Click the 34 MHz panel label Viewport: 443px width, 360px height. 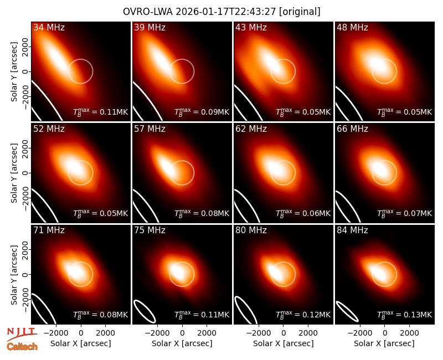(49, 27)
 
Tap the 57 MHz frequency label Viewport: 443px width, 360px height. (150, 129)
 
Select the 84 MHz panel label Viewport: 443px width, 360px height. (352, 230)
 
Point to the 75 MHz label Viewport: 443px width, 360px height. (150, 230)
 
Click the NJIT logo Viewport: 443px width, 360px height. (22, 333)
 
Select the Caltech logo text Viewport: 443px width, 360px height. (22, 347)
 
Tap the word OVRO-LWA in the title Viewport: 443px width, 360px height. (148, 12)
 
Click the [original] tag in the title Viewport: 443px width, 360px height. (300, 12)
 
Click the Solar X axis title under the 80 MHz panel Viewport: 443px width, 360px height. (284, 343)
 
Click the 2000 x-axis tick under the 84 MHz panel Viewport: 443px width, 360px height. (409, 333)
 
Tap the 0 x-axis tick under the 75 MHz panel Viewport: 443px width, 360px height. (182, 333)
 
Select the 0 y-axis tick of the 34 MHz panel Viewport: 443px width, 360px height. (25, 71)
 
